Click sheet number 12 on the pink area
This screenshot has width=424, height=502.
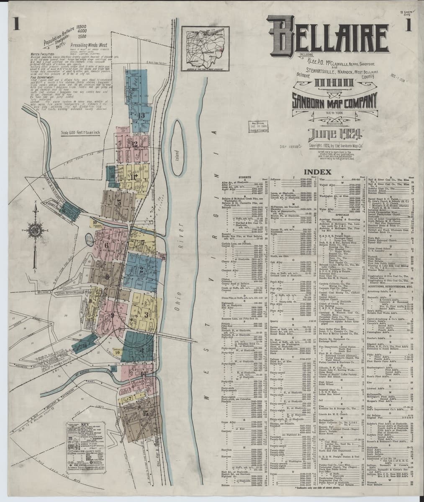(x=135, y=144)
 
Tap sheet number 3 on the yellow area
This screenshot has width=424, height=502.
(x=146, y=313)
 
